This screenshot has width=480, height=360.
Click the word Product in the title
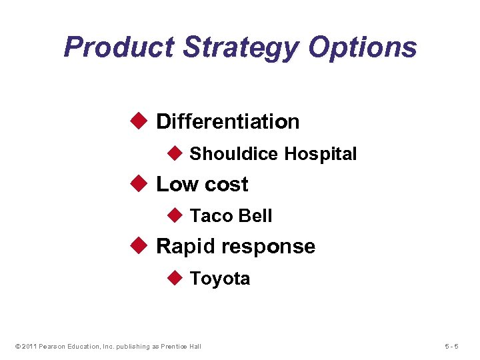pyautogui.click(x=119, y=47)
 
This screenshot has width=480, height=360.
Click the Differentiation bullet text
pyautogui.click(x=227, y=121)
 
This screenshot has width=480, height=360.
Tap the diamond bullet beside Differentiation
pyautogui.click(x=139, y=121)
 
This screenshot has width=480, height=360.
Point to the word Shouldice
pyautogui.click(x=233, y=154)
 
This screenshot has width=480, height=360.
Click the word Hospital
pyautogui.click(x=320, y=154)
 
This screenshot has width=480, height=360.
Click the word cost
pyautogui.click(x=225, y=184)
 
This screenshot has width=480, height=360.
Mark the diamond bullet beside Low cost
pyautogui.click(x=139, y=183)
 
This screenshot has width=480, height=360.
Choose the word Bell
pyautogui.click(x=255, y=216)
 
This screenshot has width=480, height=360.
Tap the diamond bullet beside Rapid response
pyautogui.click(x=139, y=245)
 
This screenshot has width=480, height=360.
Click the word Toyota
pyautogui.click(x=220, y=278)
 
